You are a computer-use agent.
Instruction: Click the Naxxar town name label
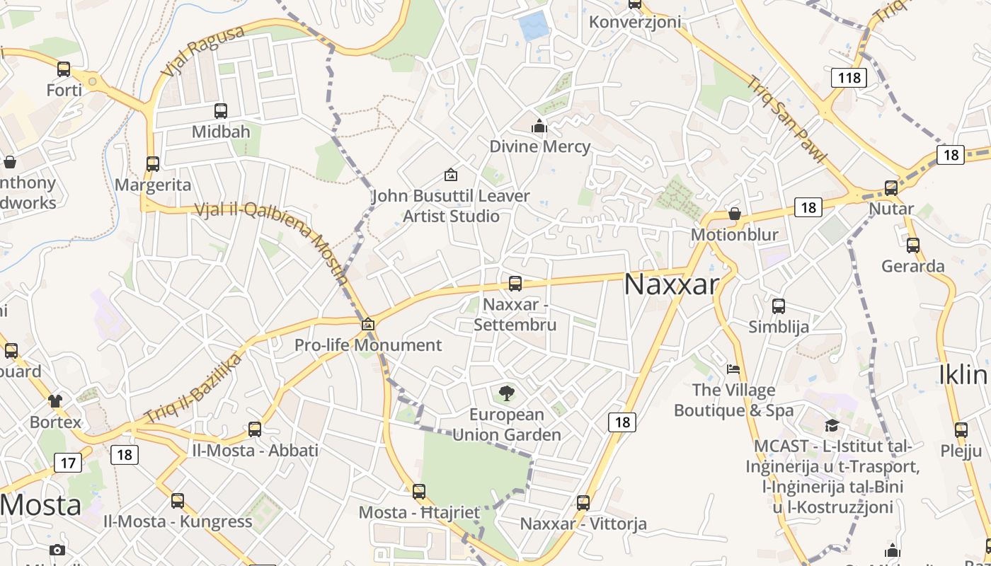tap(671, 284)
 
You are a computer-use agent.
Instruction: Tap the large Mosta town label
tap(40, 505)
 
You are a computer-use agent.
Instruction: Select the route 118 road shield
tap(848, 77)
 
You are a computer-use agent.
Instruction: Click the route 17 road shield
tap(68, 463)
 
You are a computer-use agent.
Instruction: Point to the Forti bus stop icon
tap(64, 69)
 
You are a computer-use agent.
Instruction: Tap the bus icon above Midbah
tap(221, 110)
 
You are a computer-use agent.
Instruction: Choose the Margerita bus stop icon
tap(153, 164)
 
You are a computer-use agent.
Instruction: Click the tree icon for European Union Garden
tap(506, 393)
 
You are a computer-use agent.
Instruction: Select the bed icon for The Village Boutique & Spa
tap(733, 369)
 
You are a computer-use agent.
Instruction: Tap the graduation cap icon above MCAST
tap(832, 425)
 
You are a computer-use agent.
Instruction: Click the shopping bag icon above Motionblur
tap(735, 214)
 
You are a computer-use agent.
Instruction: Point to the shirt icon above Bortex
tap(55, 401)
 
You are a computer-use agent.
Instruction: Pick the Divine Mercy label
tap(540, 146)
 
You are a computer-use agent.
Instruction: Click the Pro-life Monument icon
tap(367, 325)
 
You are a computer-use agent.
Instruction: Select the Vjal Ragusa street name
tap(202, 51)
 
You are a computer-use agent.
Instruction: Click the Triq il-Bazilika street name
tap(192, 388)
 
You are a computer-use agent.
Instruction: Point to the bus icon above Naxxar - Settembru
tap(515, 284)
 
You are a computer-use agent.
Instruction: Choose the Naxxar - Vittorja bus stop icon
tap(583, 503)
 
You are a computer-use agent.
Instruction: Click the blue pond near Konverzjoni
tap(534, 26)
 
